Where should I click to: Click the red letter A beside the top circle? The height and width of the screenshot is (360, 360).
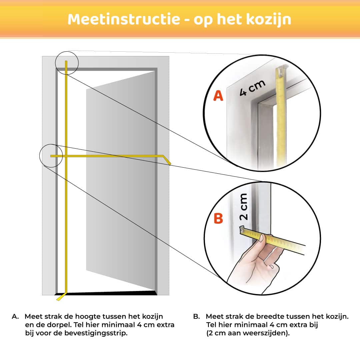[218, 96]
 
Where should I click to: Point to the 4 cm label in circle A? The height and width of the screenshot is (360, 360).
[252, 88]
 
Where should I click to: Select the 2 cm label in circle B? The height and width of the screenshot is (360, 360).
[243, 207]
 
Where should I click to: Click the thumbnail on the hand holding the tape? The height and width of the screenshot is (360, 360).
[262, 238]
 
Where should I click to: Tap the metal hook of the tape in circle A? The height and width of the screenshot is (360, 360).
[281, 70]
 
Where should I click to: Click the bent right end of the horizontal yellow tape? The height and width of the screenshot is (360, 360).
[167, 160]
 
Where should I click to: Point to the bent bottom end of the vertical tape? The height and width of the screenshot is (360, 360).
[62, 297]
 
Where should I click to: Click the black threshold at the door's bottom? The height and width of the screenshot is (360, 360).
[106, 293]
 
